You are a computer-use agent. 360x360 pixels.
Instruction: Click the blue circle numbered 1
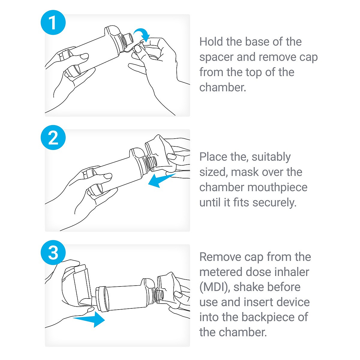point(53,22)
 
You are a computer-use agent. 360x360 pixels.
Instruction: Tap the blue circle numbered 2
point(53,137)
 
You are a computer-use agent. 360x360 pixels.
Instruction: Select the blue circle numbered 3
point(53,253)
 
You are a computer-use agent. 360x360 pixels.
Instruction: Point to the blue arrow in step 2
point(162,180)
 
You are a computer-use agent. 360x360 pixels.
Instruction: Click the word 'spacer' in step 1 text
point(216,57)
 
